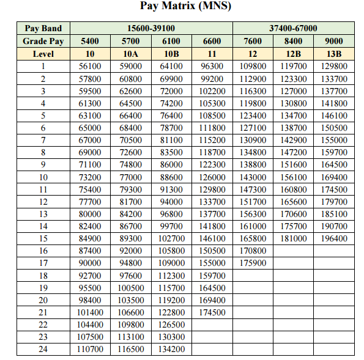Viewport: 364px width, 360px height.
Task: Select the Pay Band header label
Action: pyautogui.click(x=43, y=29)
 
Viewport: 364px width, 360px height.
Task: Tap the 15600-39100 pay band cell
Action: pyautogui.click(x=151, y=29)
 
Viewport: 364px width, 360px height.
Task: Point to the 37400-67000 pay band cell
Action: pyautogui.click(x=293, y=29)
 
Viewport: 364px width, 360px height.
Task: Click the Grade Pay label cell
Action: pyautogui.click(x=43, y=41)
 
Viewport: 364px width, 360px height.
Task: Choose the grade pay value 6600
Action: pyautogui.click(x=212, y=41)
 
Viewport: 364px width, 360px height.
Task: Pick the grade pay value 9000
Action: pyautogui.click(x=333, y=41)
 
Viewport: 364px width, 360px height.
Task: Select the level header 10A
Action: pyautogui.click(x=131, y=54)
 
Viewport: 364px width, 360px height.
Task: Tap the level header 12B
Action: pyautogui.click(x=293, y=54)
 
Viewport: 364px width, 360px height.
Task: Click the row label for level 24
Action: pyautogui.click(x=43, y=349)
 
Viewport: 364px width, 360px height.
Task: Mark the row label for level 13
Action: pyautogui.click(x=43, y=214)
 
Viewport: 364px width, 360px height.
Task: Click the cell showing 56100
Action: pyautogui.click(x=91, y=66)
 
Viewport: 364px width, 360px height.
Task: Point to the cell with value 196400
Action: pyautogui.click(x=333, y=238)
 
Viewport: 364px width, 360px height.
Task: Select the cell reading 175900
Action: pyautogui.click(x=253, y=263)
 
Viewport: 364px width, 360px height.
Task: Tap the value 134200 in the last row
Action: pyautogui.click(x=171, y=349)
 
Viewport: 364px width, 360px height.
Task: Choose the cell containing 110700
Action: pyautogui.click(x=91, y=349)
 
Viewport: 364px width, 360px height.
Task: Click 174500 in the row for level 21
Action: pyautogui.click(x=212, y=312)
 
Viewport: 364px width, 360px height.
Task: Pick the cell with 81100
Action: pyautogui.click(x=171, y=140)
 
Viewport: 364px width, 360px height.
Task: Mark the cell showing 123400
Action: pyautogui.click(x=253, y=115)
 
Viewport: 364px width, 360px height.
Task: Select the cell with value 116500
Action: pyautogui.click(x=131, y=349)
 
